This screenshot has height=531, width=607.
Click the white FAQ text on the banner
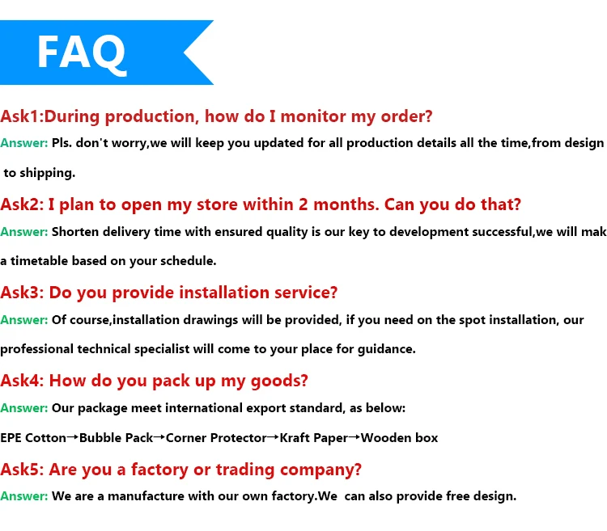click(x=82, y=52)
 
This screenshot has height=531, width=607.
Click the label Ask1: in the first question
click(x=27, y=116)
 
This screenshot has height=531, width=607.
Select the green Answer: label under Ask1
click(x=24, y=143)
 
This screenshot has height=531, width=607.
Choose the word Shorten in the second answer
click(x=77, y=231)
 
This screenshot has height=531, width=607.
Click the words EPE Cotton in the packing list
click(x=33, y=438)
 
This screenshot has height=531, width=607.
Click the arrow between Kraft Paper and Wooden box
click(x=354, y=437)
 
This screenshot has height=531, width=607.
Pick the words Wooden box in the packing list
click(x=400, y=438)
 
